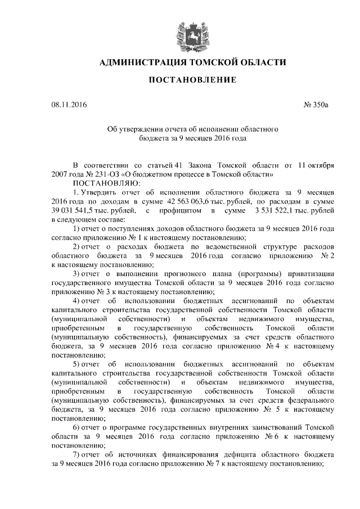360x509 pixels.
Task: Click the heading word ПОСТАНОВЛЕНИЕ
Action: coord(192,81)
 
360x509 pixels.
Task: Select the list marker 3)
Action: coord(78,273)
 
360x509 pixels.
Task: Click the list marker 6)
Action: coord(78,428)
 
